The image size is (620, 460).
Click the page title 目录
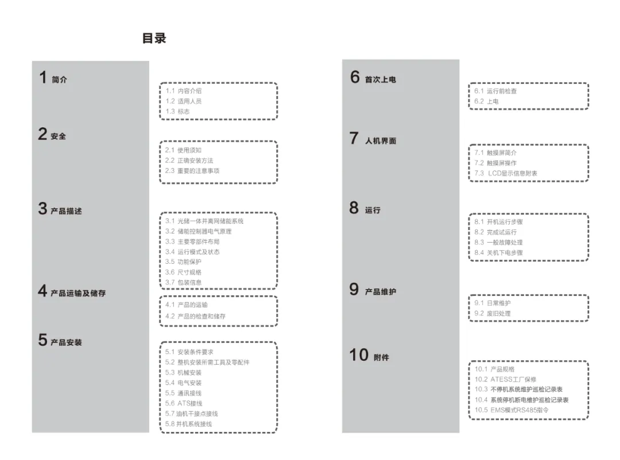(154, 38)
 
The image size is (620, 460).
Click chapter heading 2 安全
(52, 135)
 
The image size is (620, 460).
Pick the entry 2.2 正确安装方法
(189, 161)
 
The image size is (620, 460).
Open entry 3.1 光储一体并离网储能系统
(204, 221)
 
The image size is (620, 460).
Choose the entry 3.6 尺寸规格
(184, 272)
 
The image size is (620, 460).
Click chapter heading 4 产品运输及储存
(72, 293)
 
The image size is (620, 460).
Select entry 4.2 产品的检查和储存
(195, 316)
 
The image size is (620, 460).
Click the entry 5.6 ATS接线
(184, 403)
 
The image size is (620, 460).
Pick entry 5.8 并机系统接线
(188, 424)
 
